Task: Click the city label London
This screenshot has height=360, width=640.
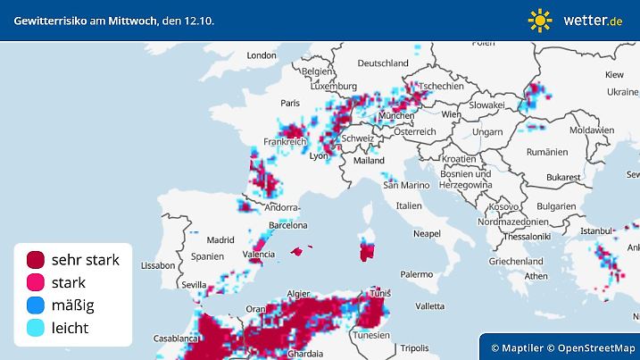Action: point(262,55)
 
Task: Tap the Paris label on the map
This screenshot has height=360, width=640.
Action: point(289,104)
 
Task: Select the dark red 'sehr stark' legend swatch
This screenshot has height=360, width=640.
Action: point(36,260)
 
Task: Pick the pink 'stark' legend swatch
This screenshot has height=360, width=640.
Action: point(36,283)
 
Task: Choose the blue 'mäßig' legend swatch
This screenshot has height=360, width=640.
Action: point(36,306)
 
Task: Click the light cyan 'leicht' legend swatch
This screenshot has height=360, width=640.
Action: point(36,328)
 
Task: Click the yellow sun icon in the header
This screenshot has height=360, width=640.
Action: point(540,19)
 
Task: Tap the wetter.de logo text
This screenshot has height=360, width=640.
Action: point(593,20)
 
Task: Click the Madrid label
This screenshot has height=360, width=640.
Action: point(220,239)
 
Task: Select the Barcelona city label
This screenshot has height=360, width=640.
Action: point(288,225)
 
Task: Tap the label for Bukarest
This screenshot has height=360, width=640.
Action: point(565,178)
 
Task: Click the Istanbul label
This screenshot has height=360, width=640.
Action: point(594,230)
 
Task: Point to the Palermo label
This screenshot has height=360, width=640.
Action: point(416,275)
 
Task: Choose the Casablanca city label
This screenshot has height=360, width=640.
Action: point(173,339)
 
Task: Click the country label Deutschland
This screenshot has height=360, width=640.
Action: point(383,63)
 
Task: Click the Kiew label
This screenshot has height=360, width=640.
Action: point(614,74)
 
